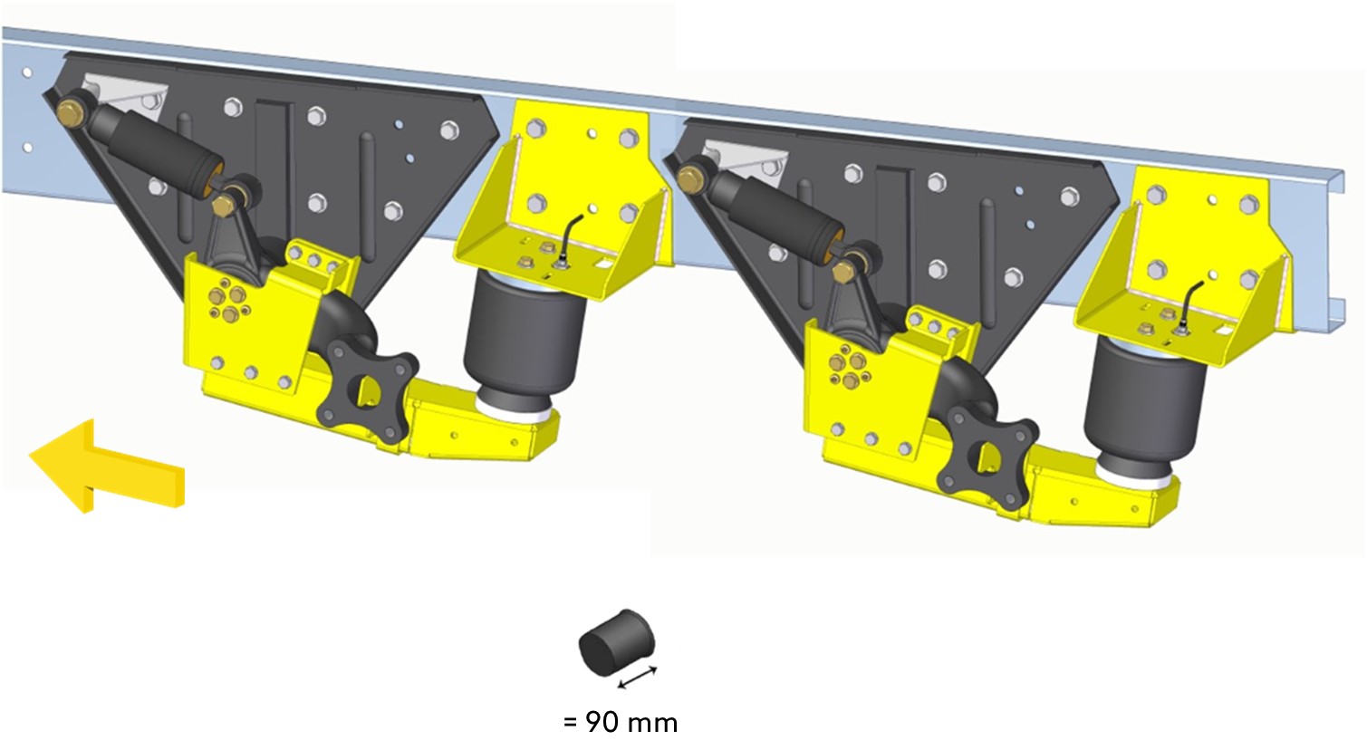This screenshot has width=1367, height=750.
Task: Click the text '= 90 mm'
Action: coord(621,723)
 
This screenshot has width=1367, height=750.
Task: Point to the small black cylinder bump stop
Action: coord(615,642)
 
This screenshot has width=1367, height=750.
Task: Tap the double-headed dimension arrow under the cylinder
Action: coord(637,677)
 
